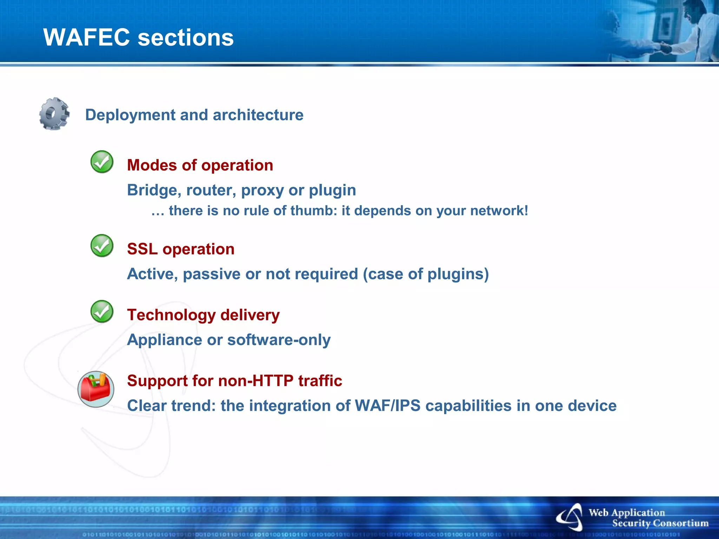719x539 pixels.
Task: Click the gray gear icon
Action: pyautogui.click(x=54, y=114)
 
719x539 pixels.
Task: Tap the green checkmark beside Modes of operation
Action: pyautogui.click(x=102, y=162)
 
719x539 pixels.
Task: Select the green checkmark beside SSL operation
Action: pyautogui.click(x=102, y=246)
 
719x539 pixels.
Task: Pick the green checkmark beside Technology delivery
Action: pyautogui.click(x=102, y=312)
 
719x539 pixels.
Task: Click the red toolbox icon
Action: pyautogui.click(x=96, y=389)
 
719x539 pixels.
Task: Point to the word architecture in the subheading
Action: pyautogui.click(x=258, y=115)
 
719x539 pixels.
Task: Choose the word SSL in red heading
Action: pyautogui.click(x=142, y=249)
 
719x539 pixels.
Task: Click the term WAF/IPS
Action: pyautogui.click(x=388, y=406)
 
